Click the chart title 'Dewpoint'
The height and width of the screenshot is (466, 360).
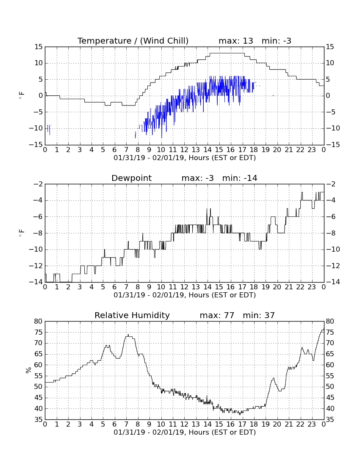coord(132,178)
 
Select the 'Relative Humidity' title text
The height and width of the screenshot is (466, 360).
coord(132,315)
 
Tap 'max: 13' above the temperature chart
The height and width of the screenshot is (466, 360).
coord(236,41)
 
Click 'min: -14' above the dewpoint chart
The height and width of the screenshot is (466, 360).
coord(240,178)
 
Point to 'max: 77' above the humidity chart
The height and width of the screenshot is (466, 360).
coord(217,315)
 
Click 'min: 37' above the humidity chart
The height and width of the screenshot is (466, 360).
coord(259,315)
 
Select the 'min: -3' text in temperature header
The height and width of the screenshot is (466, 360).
coord(277,41)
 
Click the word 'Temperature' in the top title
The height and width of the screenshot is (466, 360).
coord(104,41)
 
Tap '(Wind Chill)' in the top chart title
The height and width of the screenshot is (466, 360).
coord(164,41)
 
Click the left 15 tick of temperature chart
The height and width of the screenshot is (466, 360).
coord(39,47)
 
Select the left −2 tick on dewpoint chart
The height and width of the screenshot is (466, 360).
coord(38,184)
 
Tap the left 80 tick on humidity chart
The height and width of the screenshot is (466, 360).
coord(39,321)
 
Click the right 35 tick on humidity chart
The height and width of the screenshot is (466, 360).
coord(330,420)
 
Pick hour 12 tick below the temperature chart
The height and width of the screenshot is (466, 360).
coord(185,150)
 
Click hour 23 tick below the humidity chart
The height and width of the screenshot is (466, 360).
coord(312,424)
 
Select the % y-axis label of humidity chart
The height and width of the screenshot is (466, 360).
coord(28,370)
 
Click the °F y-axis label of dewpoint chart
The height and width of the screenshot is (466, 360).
coord(21,233)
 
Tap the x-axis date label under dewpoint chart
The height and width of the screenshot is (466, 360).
coord(185,295)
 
